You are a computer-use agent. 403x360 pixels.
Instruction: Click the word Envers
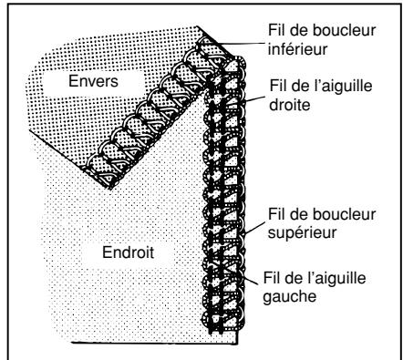(x=93, y=81)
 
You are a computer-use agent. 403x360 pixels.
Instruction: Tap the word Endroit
(x=128, y=252)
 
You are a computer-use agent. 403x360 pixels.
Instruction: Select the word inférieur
(x=297, y=49)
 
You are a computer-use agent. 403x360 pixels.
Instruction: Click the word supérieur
(x=303, y=233)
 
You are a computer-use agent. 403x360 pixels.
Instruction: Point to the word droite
(x=290, y=105)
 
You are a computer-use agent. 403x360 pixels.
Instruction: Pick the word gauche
(x=290, y=296)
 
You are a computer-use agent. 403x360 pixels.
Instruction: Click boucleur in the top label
(x=344, y=30)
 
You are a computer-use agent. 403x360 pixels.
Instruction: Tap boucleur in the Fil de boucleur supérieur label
(x=344, y=214)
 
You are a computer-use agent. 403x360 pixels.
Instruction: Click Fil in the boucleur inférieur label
(x=277, y=30)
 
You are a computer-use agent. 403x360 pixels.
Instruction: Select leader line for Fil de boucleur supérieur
(x=254, y=228)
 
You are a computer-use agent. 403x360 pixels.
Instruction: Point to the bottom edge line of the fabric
(x=154, y=344)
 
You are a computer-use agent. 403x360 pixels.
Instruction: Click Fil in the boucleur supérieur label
(x=277, y=214)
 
